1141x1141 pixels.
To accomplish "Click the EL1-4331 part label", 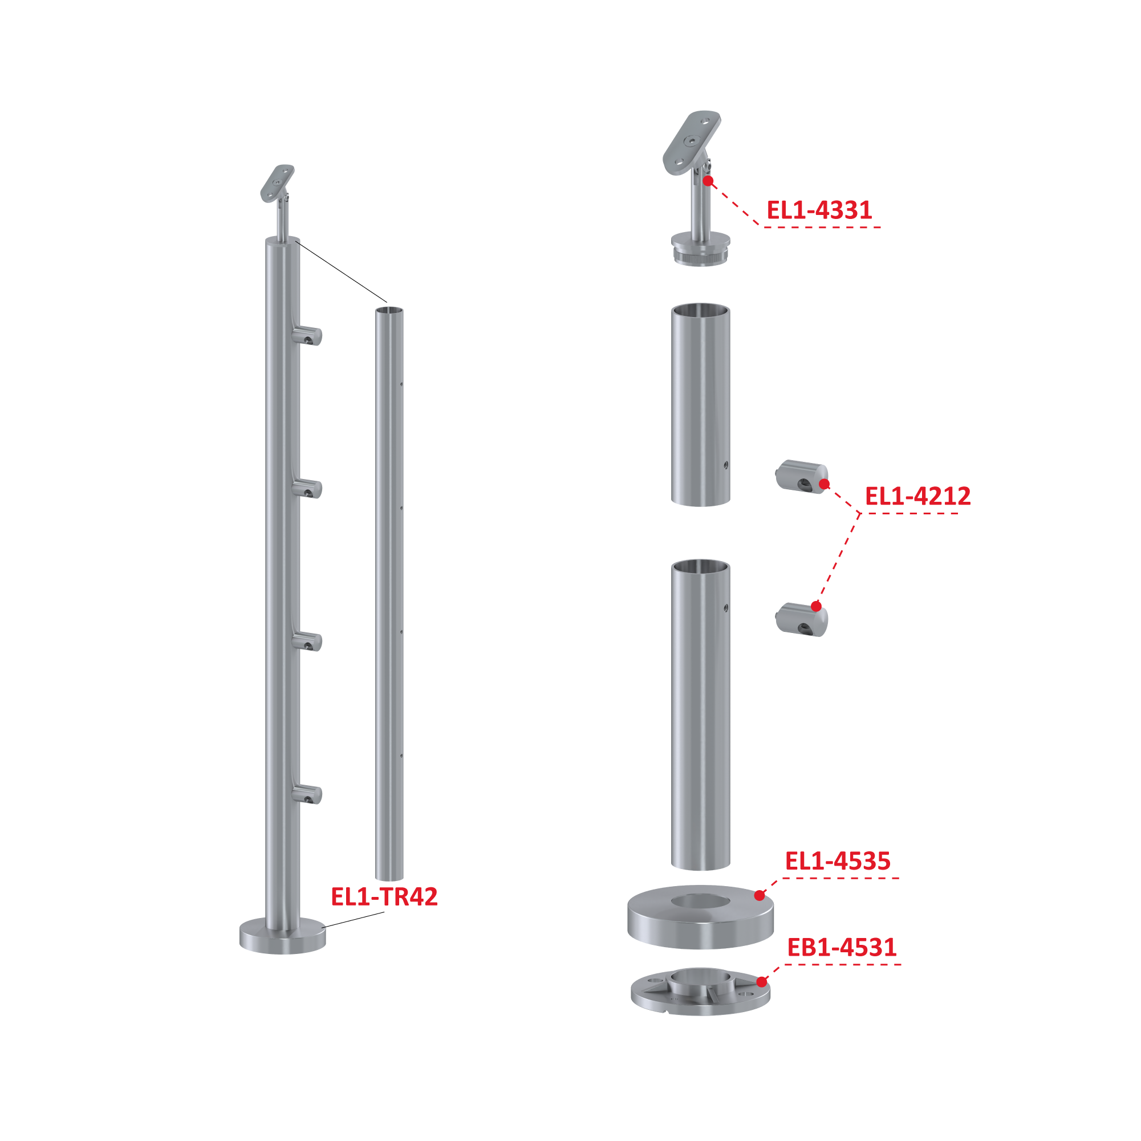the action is [819, 210].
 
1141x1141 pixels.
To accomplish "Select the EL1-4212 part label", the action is [918, 496].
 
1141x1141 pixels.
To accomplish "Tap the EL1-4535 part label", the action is [838, 861].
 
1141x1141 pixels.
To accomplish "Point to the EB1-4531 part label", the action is [842, 947].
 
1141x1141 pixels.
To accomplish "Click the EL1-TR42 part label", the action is [384, 896].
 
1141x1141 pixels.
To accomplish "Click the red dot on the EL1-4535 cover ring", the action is [760, 895].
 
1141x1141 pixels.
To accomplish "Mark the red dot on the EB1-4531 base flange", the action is [762, 981].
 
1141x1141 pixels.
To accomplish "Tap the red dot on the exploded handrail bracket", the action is [708, 181].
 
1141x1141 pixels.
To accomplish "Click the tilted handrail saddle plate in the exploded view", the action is [692, 143].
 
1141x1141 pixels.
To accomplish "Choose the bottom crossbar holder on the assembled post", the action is [307, 794].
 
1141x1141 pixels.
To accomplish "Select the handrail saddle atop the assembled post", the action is [278, 183].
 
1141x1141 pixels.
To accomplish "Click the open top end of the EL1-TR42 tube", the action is [389, 310].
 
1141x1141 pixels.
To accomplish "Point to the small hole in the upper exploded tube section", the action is [726, 465].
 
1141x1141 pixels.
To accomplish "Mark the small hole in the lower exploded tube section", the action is [726, 608].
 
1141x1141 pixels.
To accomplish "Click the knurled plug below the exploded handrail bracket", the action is [700, 255].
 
